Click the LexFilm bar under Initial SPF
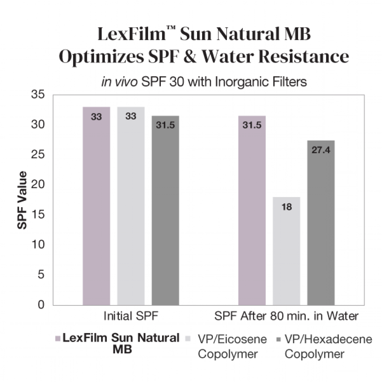[x=96, y=207]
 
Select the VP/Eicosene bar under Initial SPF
[x=131, y=207]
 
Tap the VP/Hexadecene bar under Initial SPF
[x=165, y=210]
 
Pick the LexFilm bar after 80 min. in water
[x=252, y=210]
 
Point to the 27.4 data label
[x=321, y=150]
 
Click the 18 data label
[x=286, y=207]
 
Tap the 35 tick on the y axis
[x=38, y=95]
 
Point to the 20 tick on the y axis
[x=38, y=185]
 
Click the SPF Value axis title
[x=22, y=200]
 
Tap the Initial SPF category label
[x=131, y=316]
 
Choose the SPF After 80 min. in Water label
[x=286, y=316]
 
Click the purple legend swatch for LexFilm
[x=58, y=338]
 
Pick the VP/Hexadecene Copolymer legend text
[x=328, y=346]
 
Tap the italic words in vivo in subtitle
[x=119, y=82]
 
